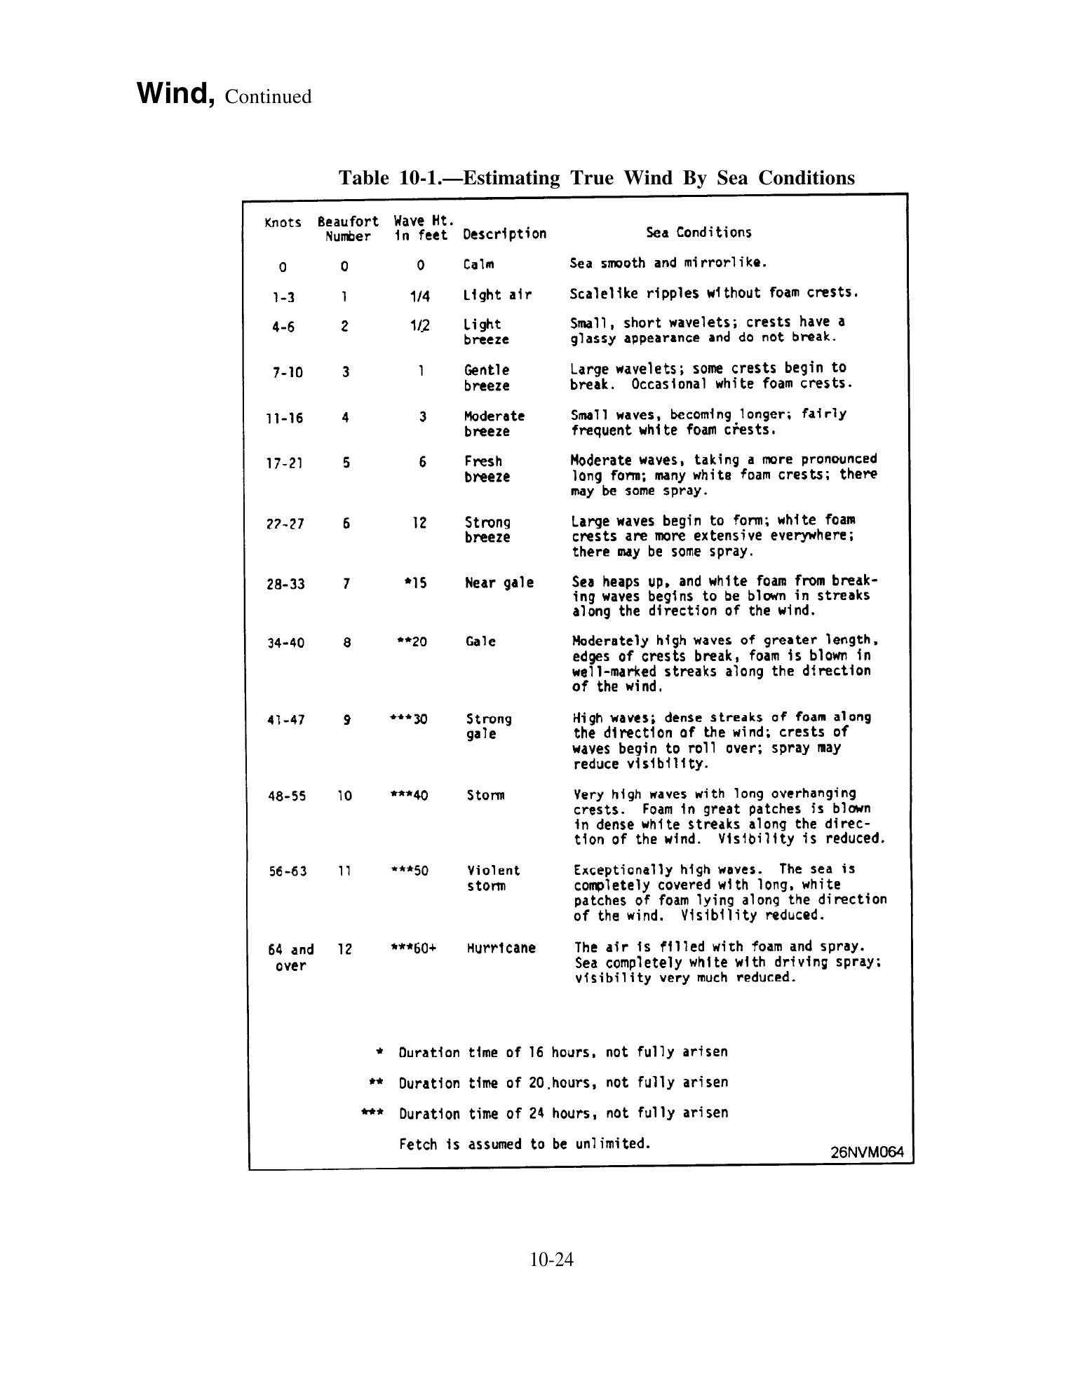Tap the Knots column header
point(283,223)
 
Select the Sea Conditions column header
point(698,233)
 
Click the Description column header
point(504,233)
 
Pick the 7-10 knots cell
point(288,372)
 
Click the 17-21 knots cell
point(285,463)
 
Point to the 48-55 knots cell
point(287,796)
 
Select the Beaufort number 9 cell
point(346,720)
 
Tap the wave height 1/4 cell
point(419,297)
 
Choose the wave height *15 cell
point(415,583)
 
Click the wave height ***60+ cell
point(414,948)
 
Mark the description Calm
point(478,264)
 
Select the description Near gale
point(499,583)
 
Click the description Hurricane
point(501,948)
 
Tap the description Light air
point(497,295)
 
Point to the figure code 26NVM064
point(867,1152)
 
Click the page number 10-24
point(552,1260)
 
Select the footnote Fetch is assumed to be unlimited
point(525,1144)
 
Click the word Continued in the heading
point(268,97)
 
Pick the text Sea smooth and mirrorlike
point(668,264)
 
